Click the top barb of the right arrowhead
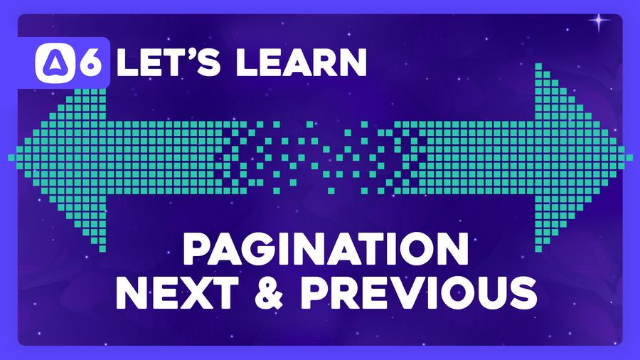539,68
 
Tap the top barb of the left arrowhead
101,68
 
